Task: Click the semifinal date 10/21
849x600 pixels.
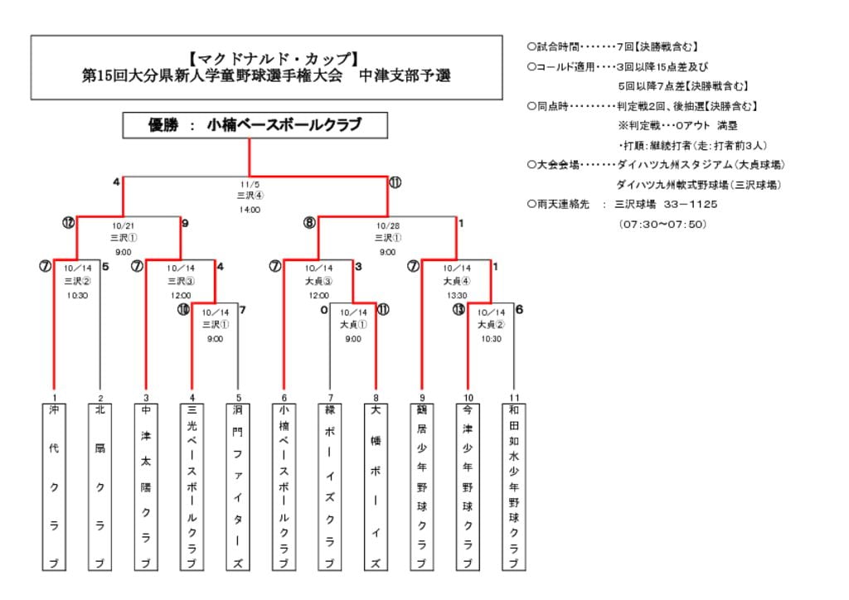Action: [x=123, y=225]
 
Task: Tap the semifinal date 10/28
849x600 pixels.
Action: [x=387, y=225]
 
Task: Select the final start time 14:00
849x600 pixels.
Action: [x=250, y=210]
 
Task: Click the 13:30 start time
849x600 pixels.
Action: [x=457, y=294]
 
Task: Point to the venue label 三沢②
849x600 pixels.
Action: [x=76, y=282]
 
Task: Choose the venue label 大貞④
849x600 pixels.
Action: [x=457, y=282]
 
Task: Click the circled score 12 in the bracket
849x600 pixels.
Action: [x=68, y=222]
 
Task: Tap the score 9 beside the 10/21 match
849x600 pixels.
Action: [x=185, y=222]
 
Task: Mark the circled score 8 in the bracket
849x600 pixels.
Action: [x=309, y=222]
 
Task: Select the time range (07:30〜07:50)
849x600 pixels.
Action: [x=662, y=224]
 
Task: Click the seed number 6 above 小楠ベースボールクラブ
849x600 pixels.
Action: [x=284, y=397]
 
